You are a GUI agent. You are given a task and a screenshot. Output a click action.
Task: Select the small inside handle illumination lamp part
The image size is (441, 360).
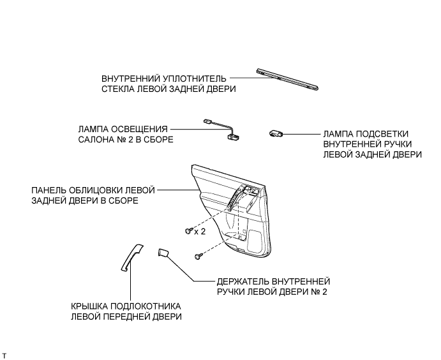pyautogui.click(x=276, y=133)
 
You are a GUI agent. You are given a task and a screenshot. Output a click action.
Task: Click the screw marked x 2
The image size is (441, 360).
pyautogui.click(x=187, y=230)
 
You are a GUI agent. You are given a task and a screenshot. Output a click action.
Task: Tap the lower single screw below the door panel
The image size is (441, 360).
pyautogui.click(x=198, y=256)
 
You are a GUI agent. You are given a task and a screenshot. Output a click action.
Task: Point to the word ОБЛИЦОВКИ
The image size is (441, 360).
pyautogui.click(x=101, y=190)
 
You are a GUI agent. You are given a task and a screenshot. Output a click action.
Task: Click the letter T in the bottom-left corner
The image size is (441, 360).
pyautogui.click(x=4, y=354)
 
